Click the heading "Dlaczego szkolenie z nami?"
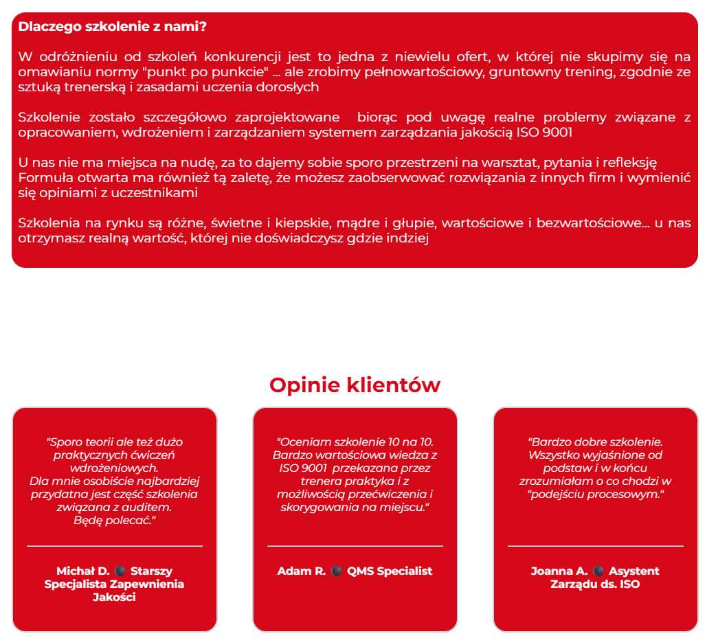(113, 27)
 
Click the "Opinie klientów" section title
(355, 385)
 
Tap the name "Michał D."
(82, 571)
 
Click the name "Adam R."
(302, 571)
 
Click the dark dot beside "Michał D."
(120, 571)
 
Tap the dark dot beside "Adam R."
(337, 571)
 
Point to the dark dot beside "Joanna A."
(598, 571)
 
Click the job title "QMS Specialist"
(390, 571)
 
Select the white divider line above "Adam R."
(355, 546)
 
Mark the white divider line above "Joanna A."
(596, 546)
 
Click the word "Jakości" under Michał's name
(114, 597)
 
